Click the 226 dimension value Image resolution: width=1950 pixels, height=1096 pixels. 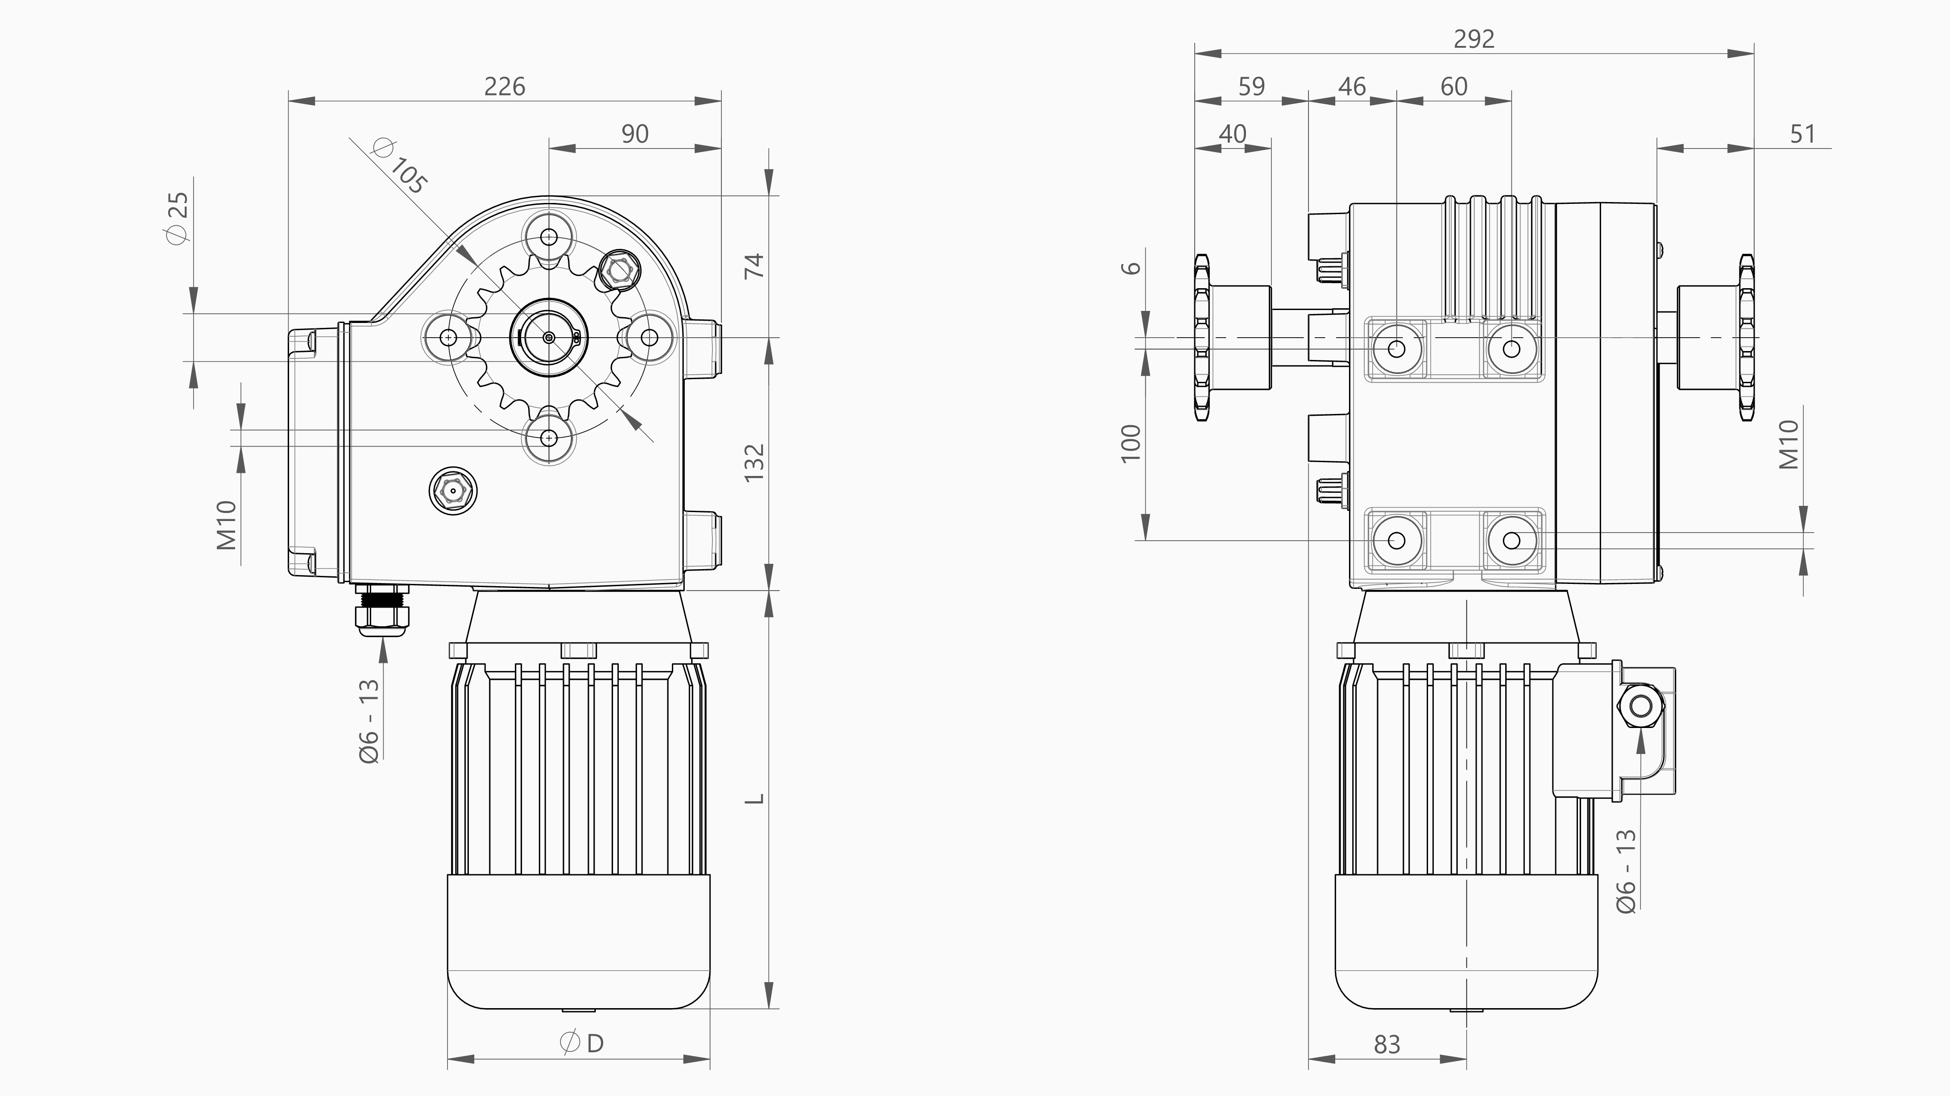coord(504,86)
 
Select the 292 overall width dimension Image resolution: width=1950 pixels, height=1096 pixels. coord(1474,39)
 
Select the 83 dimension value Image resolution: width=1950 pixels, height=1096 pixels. coord(1387,1045)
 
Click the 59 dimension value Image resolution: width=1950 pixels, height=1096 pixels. coord(1251,86)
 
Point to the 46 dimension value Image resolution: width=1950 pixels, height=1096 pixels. coord(1352,86)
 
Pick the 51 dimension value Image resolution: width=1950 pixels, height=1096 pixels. coord(1802,134)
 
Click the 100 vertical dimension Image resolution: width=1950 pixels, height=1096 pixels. coord(1130,443)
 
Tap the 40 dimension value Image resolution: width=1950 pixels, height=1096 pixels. coord(1232,134)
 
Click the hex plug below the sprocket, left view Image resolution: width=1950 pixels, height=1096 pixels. coord(453,491)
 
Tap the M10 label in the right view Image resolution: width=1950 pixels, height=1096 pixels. coord(1788,445)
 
